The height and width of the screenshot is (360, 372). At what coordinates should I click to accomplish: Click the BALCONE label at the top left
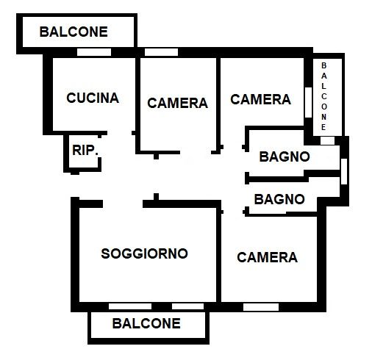[x=74, y=32]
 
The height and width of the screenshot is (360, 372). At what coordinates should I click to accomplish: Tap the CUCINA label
[x=93, y=98]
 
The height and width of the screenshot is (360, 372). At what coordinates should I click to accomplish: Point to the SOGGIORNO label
[x=144, y=253]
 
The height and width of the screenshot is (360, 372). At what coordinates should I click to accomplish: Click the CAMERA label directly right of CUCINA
[x=177, y=103]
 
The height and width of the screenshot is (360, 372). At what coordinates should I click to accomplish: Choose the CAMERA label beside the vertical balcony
[x=261, y=99]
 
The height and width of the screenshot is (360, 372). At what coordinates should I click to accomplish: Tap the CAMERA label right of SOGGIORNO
[x=267, y=257]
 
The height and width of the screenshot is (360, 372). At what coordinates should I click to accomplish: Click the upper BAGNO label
[x=285, y=156]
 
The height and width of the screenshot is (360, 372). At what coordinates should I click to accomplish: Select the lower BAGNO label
[x=279, y=198]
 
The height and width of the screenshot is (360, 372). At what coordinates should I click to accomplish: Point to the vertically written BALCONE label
[x=323, y=96]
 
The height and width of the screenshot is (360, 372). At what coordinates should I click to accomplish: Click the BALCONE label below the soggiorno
[x=146, y=323]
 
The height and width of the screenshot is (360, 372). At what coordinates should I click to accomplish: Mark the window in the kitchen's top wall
[x=95, y=52]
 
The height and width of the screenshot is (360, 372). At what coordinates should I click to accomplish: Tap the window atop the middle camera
[x=161, y=52]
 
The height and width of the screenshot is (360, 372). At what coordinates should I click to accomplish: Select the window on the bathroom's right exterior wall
[x=343, y=170]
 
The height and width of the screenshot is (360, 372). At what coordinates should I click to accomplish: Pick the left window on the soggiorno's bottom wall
[x=130, y=306]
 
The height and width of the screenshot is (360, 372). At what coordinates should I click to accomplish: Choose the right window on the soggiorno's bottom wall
[x=187, y=306]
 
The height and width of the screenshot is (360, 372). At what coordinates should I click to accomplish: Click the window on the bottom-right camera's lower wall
[x=261, y=306]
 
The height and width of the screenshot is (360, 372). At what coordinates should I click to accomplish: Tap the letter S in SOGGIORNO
[x=105, y=253]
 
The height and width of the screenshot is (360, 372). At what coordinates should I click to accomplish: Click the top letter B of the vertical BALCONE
[x=323, y=66]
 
